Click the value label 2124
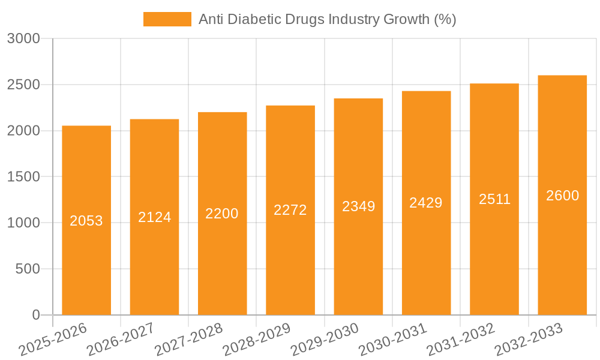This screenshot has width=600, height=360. (155, 217)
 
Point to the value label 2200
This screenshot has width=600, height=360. (222, 214)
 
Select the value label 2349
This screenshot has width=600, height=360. (358, 206)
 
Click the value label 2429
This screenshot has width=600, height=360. (426, 203)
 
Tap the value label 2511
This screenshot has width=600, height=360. (494, 199)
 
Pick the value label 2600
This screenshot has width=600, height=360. (562, 196)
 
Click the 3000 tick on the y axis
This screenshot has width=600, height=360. (23, 39)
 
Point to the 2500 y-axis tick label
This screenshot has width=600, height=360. (23, 85)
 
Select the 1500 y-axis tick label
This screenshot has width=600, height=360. (23, 177)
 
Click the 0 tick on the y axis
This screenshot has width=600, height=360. (35, 315)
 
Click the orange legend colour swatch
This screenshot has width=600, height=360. (167, 19)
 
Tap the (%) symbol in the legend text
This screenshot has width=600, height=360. (445, 19)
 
